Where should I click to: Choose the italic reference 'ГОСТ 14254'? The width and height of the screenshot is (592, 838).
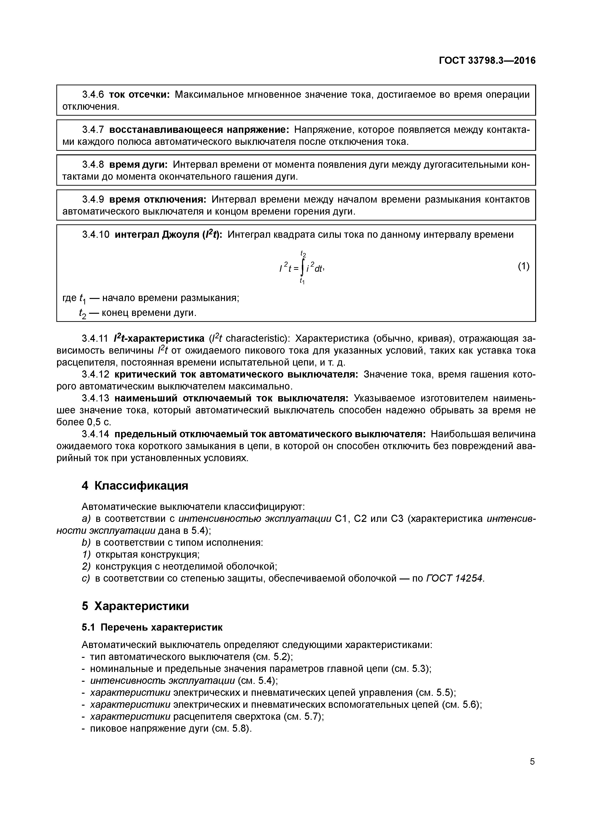coord(454,578)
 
